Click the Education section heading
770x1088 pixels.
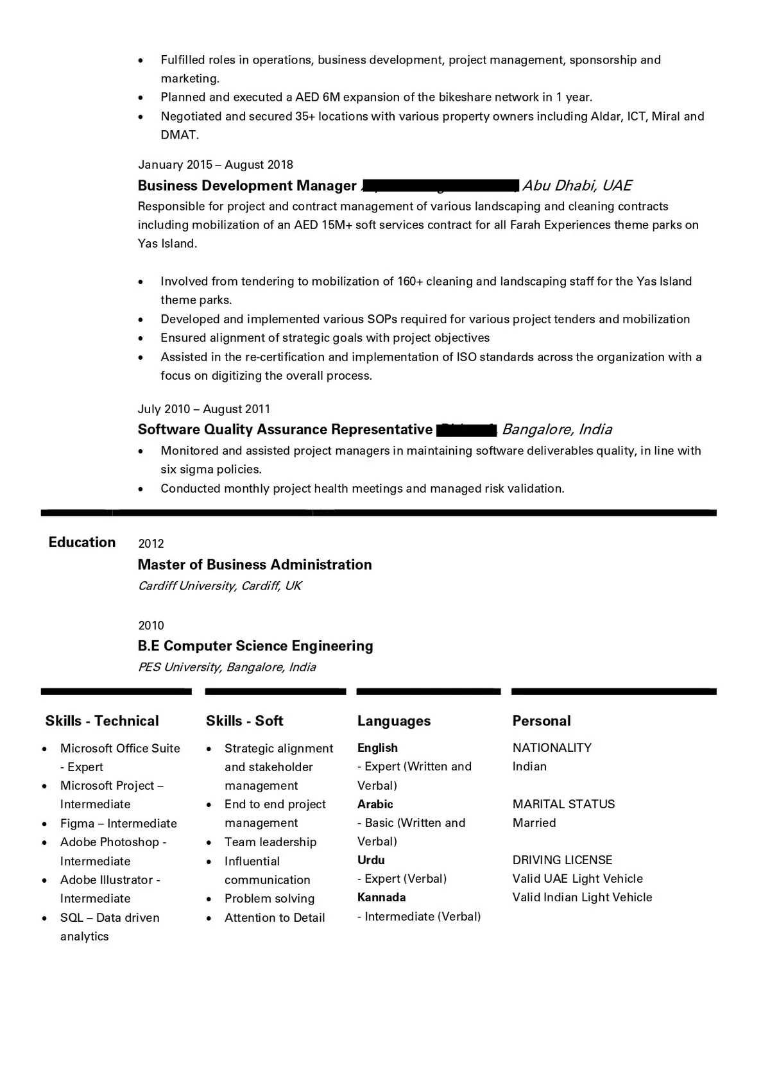(82, 542)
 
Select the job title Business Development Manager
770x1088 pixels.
(247, 185)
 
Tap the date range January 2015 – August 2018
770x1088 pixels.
(216, 165)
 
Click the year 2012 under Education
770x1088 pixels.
(151, 543)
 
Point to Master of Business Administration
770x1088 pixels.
(255, 565)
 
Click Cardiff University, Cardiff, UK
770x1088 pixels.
(219, 586)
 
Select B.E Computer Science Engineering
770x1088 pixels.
(255, 645)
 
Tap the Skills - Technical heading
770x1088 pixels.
(102, 720)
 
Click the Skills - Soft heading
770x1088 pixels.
(244, 720)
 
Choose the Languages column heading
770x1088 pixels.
(394, 720)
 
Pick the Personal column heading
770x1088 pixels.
(542, 720)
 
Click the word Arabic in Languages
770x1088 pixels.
(375, 804)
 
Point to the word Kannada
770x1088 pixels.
(382, 897)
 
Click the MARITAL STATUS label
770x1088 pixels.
(563, 804)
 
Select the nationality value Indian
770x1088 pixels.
(529, 766)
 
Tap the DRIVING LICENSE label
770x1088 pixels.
(562, 860)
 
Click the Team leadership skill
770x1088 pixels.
(270, 842)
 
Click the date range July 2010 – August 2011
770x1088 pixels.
(204, 409)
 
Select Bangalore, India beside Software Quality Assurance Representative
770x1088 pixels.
(557, 429)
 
